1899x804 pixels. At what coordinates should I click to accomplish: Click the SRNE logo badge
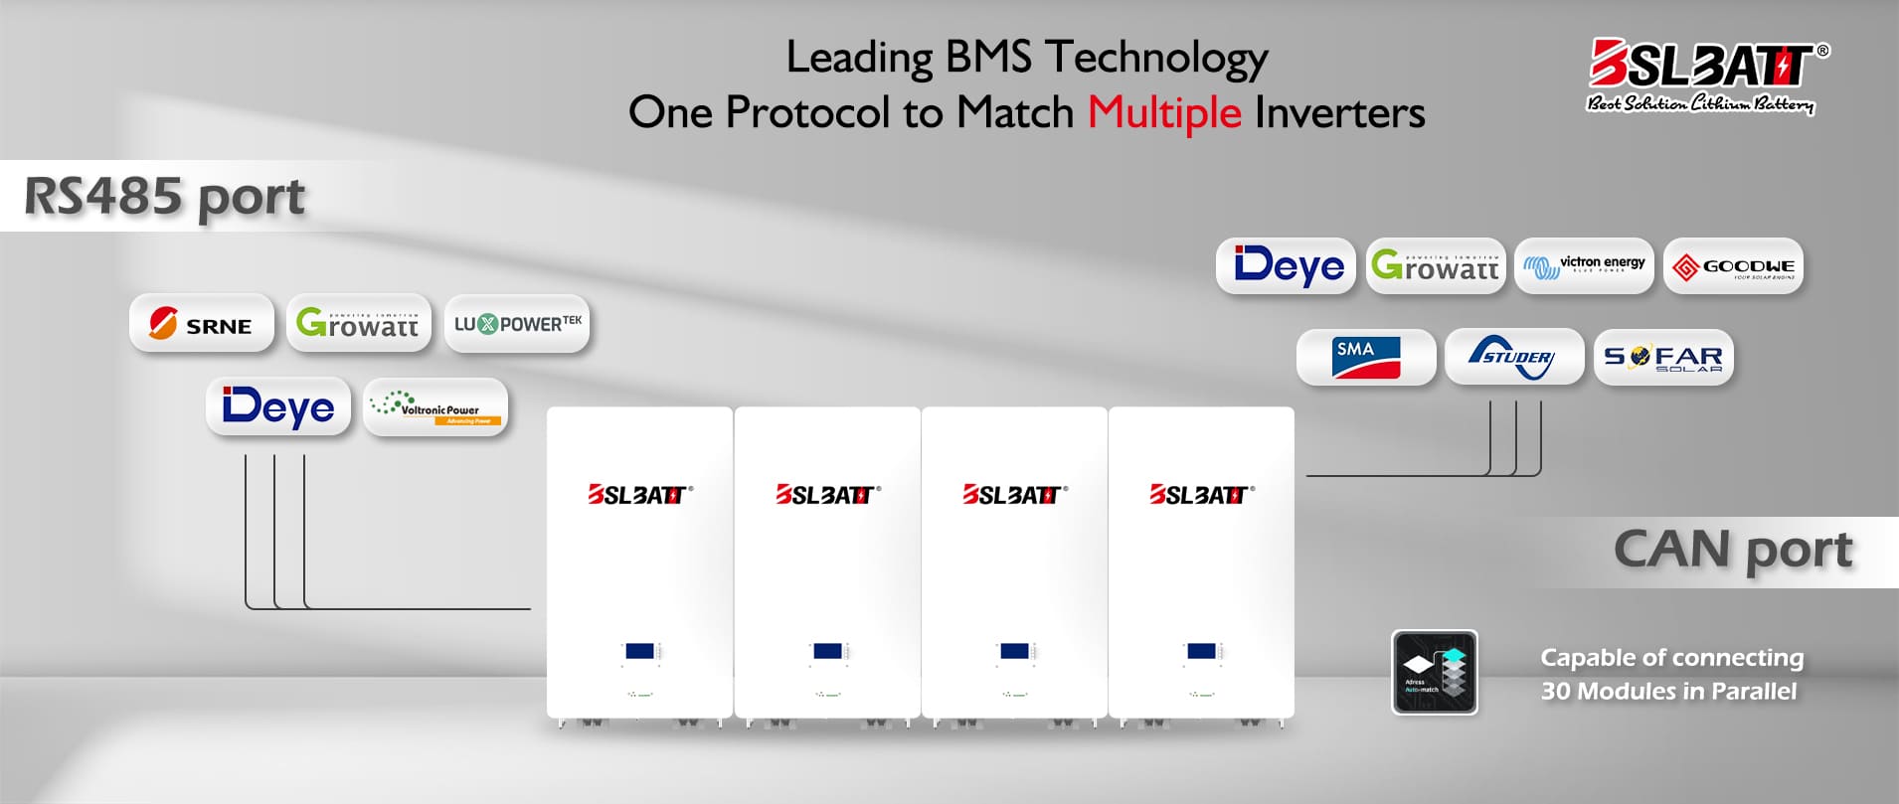pyautogui.click(x=202, y=323)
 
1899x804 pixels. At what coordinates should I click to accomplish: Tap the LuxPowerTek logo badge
pyautogui.click(x=517, y=323)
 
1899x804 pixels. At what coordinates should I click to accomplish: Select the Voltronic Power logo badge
pyautogui.click(x=435, y=406)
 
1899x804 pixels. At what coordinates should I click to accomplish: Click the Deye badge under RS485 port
pyautogui.click(x=278, y=406)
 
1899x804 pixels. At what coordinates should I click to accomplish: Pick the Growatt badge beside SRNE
pyautogui.click(x=359, y=323)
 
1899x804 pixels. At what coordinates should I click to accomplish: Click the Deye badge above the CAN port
pyautogui.click(x=1287, y=265)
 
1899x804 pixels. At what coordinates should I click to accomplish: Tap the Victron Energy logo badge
pyautogui.click(x=1584, y=265)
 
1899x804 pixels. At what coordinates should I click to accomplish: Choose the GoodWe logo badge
pyautogui.click(x=1733, y=265)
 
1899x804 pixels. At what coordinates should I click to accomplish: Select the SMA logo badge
pyautogui.click(x=1366, y=357)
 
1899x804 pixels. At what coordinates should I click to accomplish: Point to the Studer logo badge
pyautogui.click(x=1514, y=357)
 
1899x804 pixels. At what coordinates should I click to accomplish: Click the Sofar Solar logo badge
pyautogui.click(x=1663, y=357)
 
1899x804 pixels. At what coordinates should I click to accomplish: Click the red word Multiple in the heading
pyautogui.click(x=1164, y=112)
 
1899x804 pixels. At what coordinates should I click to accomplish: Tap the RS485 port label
pyautogui.click(x=164, y=196)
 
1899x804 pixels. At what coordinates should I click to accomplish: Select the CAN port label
pyautogui.click(x=1733, y=550)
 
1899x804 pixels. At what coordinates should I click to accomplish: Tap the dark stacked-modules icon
pyautogui.click(x=1435, y=672)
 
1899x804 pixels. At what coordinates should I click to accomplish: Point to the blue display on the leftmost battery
pyautogui.click(x=640, y=651)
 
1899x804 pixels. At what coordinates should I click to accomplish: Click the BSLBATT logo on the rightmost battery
pyautogui.click(x=1201, y=494)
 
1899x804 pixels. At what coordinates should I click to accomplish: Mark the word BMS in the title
pyautogui.click(x=988, y=57)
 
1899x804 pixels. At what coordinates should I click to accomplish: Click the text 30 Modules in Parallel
pyautogui.click(x=1668, y=691)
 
